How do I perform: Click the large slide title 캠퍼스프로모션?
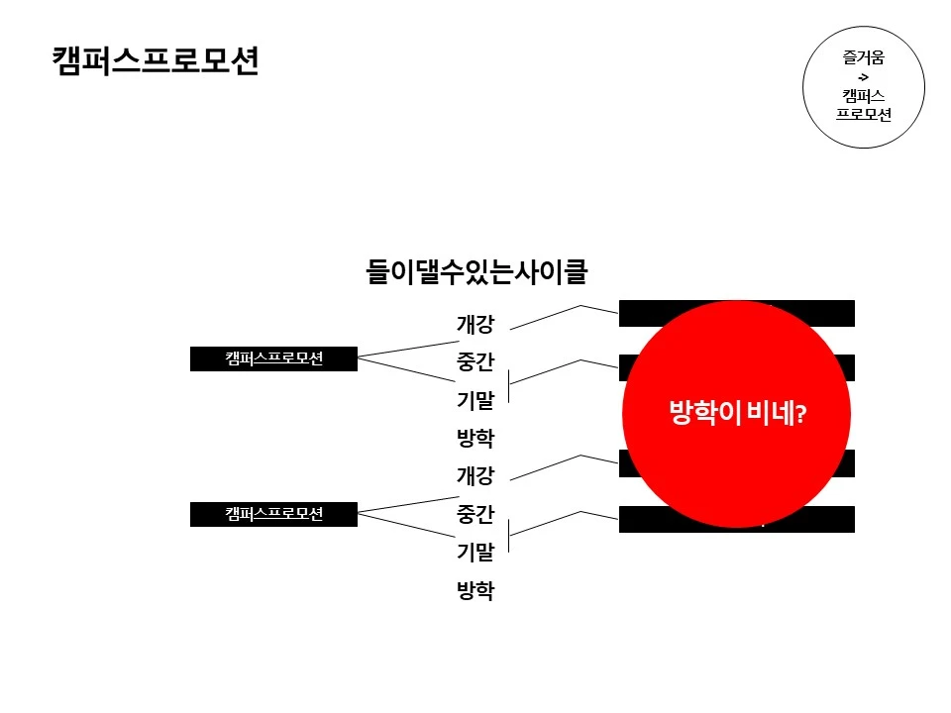coord(156,60)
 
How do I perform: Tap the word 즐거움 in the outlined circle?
coord(864,57)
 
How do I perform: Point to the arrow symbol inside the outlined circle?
coord(863,76)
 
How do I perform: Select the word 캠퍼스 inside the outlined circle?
coord(864,95)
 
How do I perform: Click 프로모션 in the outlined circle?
coord(864,114)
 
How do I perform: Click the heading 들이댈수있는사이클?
coord(476,270)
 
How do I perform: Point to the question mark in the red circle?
coord(800,416)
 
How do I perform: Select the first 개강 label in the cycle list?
coord(475,324)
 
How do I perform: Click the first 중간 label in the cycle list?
coord(475,362)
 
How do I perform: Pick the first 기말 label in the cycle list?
coord(475,400)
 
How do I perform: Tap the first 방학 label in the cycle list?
coord(475,438)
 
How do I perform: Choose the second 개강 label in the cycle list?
coord(475,476)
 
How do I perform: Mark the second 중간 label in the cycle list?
coord(475,515)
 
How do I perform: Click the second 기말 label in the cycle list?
coord(475,553)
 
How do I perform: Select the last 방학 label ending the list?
coord(475,591)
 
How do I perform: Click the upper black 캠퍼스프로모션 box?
coord(273,358)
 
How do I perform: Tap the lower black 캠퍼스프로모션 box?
coord(273,513)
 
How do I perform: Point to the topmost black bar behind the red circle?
coord(837,313)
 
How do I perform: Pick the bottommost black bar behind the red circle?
coord(837,520)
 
